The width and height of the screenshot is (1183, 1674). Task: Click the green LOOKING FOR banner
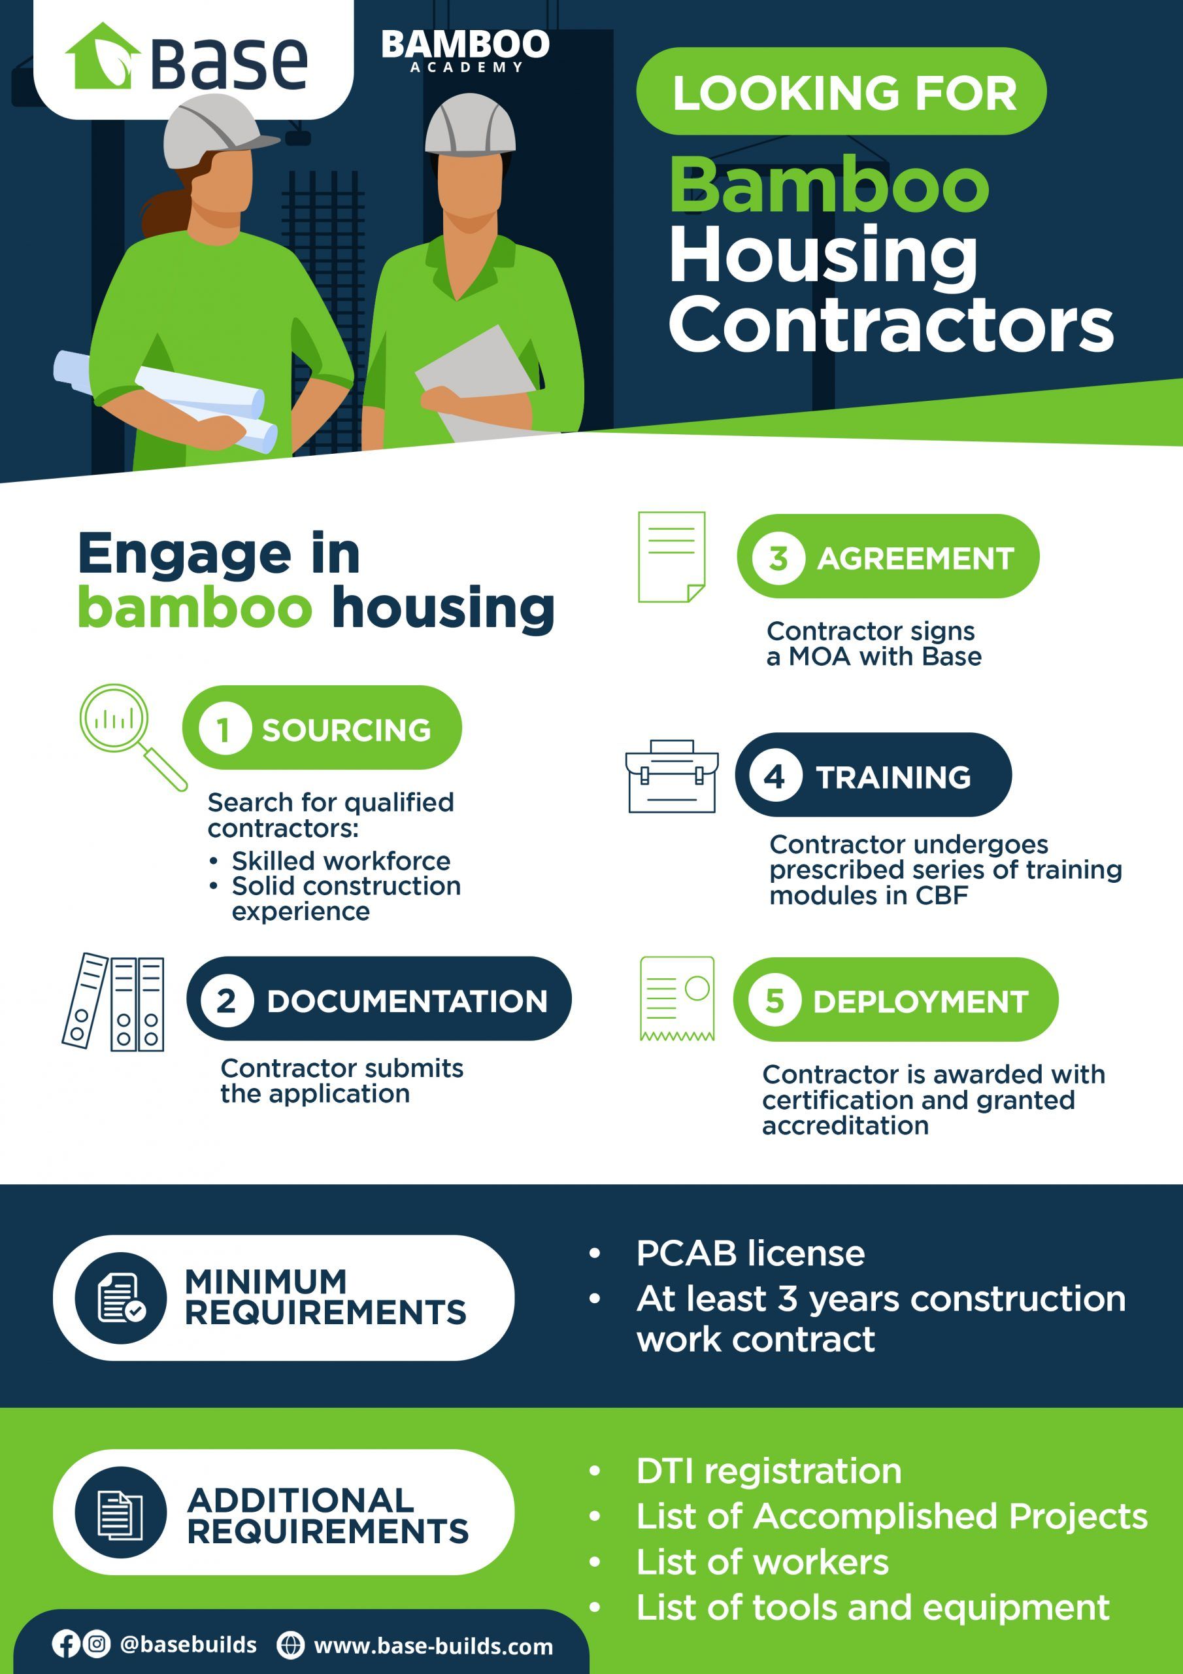click(841, 91)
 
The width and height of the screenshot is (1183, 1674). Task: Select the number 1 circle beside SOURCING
click(224, 728)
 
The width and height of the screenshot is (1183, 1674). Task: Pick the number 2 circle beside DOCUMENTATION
click(226, 1000)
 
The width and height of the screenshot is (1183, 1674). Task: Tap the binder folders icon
click(113, 1002)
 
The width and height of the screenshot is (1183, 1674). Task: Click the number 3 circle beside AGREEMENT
click(778, 558)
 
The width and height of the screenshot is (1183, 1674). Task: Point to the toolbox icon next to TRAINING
click(671, 776)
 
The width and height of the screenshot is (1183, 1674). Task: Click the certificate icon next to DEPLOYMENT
click(677, 998)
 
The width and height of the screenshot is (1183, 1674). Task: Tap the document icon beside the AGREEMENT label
click(671, 557)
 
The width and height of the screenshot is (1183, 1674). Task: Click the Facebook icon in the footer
click(65, 1644)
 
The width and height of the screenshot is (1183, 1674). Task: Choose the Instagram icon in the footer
click(96, 1643)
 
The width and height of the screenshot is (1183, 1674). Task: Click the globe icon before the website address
click(290, 1645)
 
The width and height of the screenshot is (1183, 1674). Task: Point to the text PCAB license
click(750, 1254)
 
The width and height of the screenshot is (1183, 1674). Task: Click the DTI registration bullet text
click(768, 1471)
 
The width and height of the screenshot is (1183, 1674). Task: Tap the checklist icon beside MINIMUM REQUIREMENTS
click(121, 1298)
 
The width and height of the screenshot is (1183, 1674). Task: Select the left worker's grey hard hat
click(216, 131)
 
